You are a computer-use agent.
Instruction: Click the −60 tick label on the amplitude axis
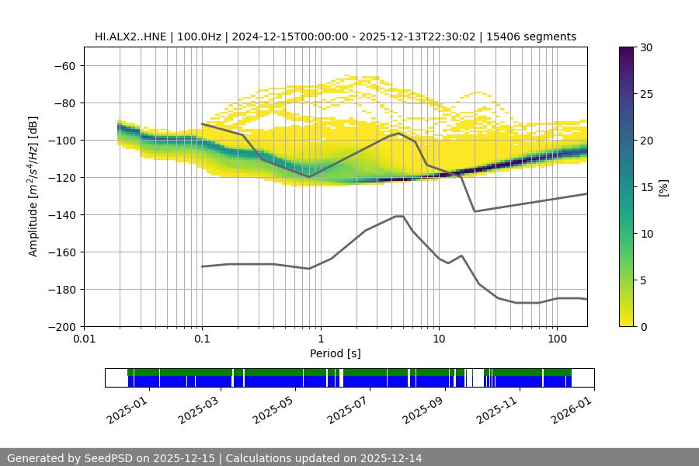63,65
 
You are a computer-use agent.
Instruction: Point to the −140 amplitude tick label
60,214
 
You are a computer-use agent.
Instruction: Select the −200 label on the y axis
60,326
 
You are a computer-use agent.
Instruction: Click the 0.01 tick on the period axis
84,339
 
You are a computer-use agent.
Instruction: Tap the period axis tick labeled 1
320,339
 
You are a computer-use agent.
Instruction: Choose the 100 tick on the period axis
557,339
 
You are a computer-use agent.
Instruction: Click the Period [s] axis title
336,353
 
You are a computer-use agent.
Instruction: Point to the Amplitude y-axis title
33,186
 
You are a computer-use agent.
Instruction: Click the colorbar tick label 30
645,47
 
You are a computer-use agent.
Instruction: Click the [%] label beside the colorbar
663,187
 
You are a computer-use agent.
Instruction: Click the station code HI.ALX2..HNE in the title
131,37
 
